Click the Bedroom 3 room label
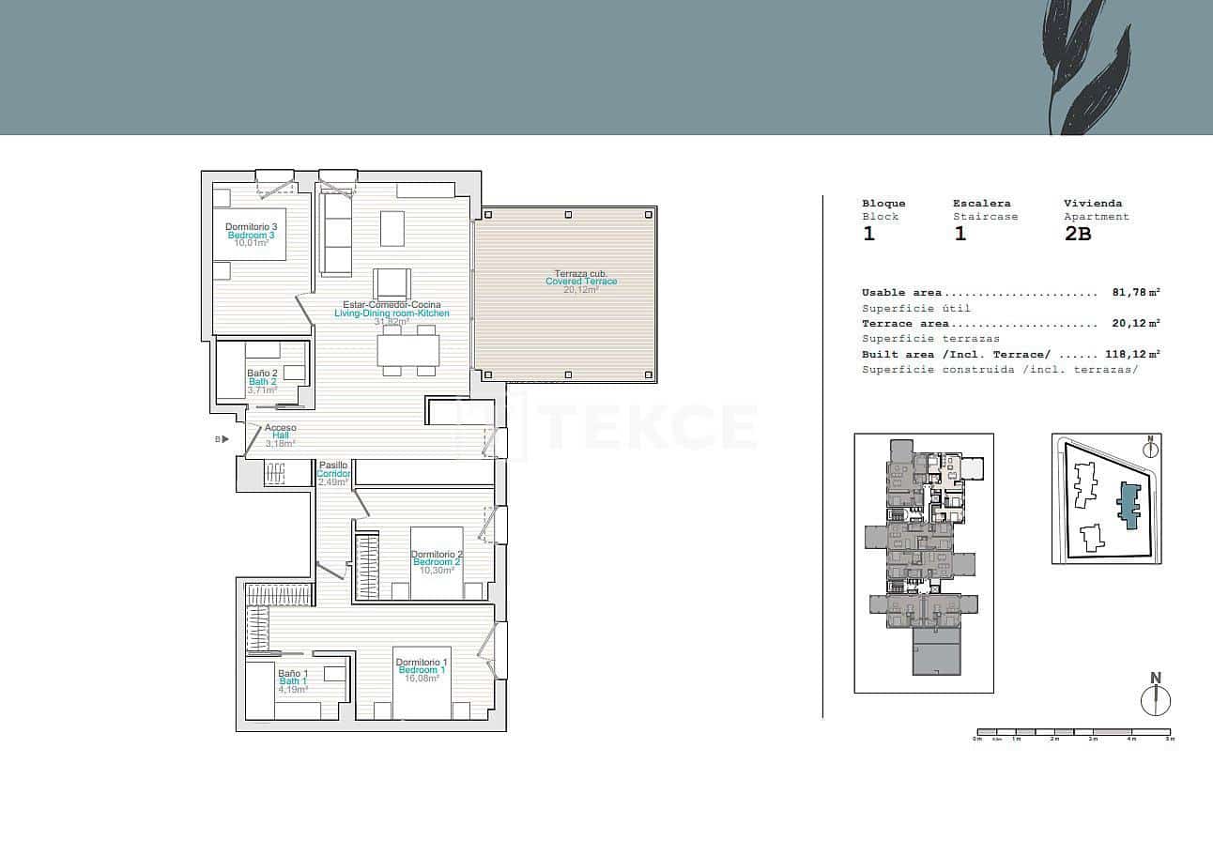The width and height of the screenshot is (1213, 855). point(250,235)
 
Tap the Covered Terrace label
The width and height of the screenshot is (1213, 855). point(581,282)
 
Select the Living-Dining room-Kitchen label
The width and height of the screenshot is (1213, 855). point(392,313)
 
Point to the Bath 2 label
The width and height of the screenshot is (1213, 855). point(262,382)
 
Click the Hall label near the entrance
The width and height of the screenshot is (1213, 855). point(280,435)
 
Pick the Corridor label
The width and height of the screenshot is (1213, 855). point(333,474)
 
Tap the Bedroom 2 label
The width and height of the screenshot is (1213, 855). point(437,562)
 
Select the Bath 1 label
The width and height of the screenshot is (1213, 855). point(292,681)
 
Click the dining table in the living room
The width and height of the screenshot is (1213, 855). point(408,351)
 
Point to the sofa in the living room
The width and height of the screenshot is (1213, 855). point(335,234)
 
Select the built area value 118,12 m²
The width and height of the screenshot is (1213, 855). point(1132,355)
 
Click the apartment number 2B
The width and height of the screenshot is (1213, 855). point(1078,235)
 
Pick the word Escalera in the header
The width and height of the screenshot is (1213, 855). point(981,203)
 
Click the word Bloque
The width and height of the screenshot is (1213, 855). point(883,203)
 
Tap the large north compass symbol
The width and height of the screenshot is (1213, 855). point(1156,700)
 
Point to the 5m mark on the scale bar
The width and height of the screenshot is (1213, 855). point(1170,739)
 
